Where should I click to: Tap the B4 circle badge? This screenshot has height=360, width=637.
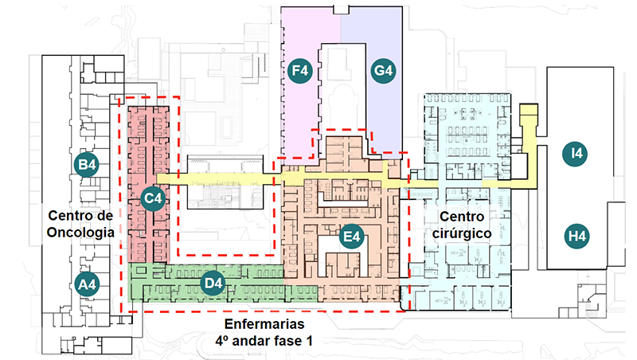click(87, 165)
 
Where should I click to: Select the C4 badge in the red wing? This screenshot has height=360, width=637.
click(152, 198)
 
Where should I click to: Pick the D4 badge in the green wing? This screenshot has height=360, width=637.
click(211, 283)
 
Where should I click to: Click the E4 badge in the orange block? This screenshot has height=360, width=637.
click(350, 237)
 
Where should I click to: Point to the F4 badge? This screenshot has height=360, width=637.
click(300, 72)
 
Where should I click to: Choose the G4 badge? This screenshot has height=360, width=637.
click(383, 72)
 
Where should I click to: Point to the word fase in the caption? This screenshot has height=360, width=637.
click(291, 342)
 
